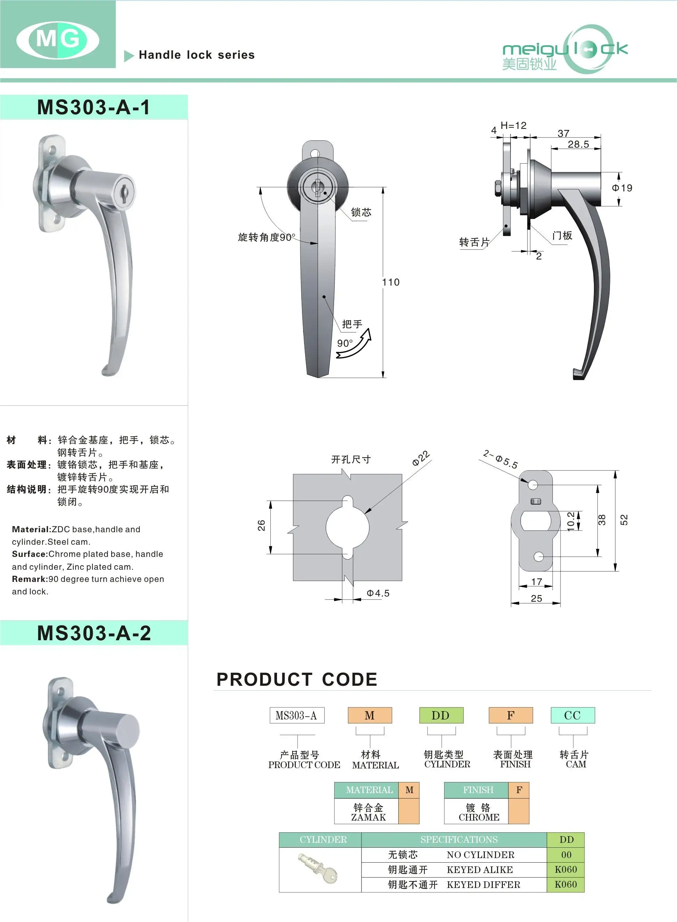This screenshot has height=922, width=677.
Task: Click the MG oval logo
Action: pos(58,40)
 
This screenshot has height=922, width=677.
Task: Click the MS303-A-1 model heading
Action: pos(94,107)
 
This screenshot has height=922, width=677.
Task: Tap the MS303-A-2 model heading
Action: pos(94,633)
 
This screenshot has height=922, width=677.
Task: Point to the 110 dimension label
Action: pos(391,282)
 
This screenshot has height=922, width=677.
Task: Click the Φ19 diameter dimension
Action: pos(622,188)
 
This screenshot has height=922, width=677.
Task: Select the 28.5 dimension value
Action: pos(578,144)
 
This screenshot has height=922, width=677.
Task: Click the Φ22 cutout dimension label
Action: pos(421,458)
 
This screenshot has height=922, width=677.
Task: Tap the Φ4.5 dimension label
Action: pos(378,593)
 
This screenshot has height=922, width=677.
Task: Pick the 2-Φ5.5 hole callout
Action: pos(500,459)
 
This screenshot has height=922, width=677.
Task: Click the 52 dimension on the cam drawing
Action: pos(624,520)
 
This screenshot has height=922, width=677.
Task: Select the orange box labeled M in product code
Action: pos(370,715)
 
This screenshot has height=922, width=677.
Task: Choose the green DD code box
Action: pos(441,715)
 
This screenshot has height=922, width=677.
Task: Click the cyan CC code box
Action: pos(572,715)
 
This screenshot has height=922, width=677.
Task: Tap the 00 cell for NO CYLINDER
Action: pos(566,855)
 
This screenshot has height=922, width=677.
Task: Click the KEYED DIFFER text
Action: pos(483,885)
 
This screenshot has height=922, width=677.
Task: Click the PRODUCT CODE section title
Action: pos(297,680)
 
